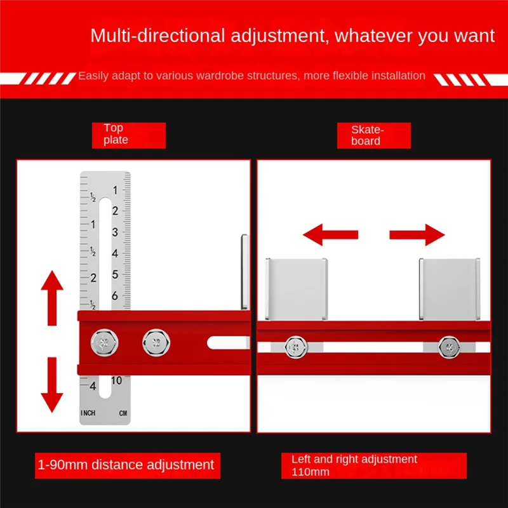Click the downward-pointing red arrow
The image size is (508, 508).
[x=52, y=385]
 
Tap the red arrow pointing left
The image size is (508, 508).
[x=330, y=235]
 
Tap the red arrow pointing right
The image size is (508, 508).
[x=417, y=235]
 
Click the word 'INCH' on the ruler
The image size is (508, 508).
[x=88, y=413]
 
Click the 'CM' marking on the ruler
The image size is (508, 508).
[x=123, y=413]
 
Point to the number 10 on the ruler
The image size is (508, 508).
[x=116, y=380]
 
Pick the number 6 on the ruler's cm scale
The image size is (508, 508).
[x=115, y=296]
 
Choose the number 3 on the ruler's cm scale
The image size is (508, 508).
[x=115, y=232]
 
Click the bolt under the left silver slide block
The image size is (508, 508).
[x=294, y=346]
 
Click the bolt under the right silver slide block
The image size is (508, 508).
[x=448, y=346]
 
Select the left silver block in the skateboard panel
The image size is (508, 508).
[x=297, y=289]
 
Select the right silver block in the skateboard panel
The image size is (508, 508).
[x=449, y=289]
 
